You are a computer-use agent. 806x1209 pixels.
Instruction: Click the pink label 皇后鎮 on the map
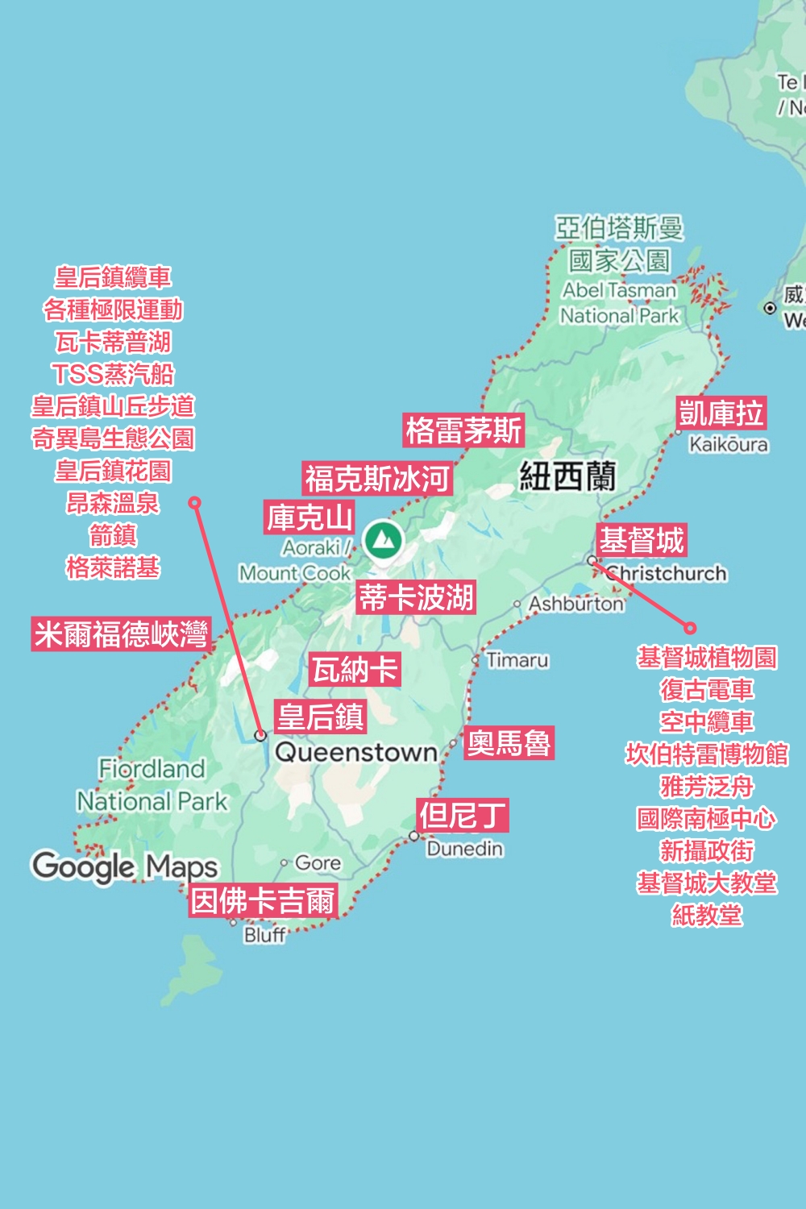click(x=321, y=717)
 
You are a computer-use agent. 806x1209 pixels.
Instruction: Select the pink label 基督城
click(x=642, y=540)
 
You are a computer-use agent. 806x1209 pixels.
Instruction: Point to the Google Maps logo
click(x=125, y=866)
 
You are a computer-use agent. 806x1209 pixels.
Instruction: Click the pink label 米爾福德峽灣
click(x=121, y=634)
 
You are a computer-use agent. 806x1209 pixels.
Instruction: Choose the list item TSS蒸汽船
click(x=113, y=374)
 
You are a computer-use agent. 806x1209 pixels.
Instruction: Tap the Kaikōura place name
click(x=729, y=444)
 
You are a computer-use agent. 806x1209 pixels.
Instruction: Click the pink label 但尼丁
click(x=463, y=816)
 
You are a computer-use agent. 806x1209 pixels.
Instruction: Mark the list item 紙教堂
click(x=707, y=915)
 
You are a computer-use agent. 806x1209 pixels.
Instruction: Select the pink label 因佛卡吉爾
click(x=263, y=900)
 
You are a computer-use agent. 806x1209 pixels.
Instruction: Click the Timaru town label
click(x=517, y=660)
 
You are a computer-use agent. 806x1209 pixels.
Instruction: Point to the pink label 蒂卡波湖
click(x=416, y=598)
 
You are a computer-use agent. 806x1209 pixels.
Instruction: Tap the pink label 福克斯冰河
click(x=377, y=479)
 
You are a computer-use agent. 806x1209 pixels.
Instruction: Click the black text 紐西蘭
click(x=567, y=476)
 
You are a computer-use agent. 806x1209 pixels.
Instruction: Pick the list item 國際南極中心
click(x=707, y=818)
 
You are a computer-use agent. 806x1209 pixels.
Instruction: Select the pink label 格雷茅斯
click(x=463, y=430)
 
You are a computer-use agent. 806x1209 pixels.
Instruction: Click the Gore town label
click(x=318, y=863)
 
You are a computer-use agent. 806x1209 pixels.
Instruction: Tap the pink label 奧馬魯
click(x=509, y=742)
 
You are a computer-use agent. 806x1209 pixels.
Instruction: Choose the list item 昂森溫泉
click(x=113, y=503)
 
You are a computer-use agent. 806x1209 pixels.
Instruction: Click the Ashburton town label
click(x=575, y=604)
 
